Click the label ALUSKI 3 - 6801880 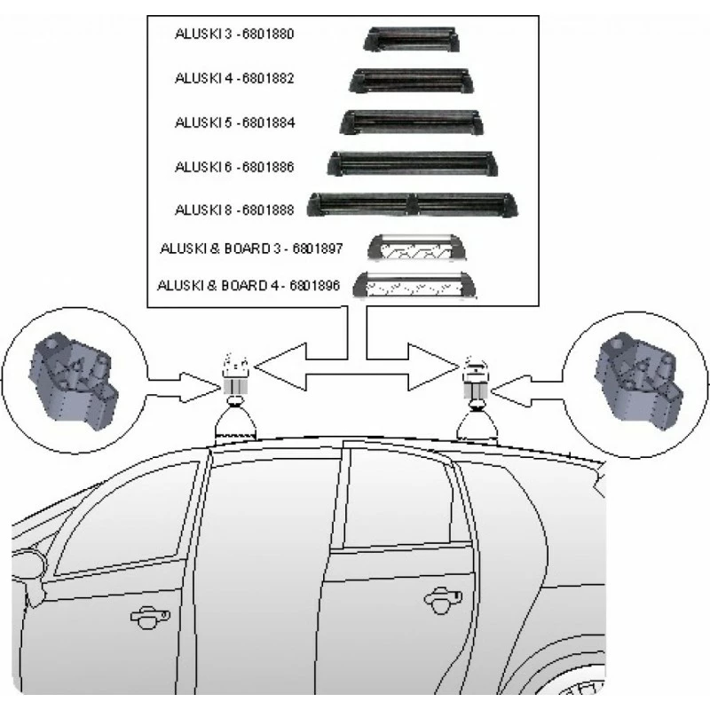click(234, 34)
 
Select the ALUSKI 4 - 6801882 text click(234, 78)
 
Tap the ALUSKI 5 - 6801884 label click(234, 122)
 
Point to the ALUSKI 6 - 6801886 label click(234, 167)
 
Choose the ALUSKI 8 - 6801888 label click(234, 210)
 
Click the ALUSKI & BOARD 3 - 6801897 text click(251, 248)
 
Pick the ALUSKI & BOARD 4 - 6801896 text click(248, 286)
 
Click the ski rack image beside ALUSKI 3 click(411, 39)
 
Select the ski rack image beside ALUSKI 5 click(411, 122)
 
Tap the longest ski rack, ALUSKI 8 click(412, 205)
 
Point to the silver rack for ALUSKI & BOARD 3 click(416, 247)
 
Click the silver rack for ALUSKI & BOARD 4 click(414, 285)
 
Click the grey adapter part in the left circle click(74, 382)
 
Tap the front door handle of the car click(150, 618)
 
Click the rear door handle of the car click(443, 599)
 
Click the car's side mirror click(28, 566)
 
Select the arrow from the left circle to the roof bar click(183, 387)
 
